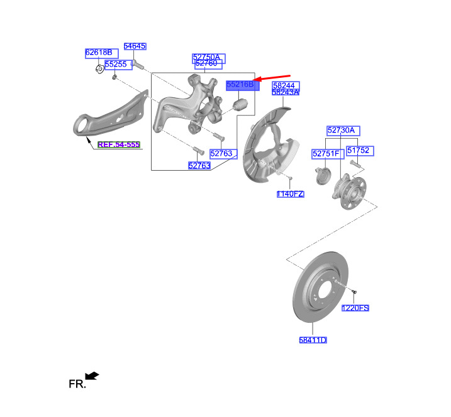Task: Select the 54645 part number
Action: click(x=135, y=46)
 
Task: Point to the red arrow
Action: click(x=271, y=77)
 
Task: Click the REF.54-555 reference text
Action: click(x=119, y=144)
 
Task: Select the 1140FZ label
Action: click(x=290, y=194)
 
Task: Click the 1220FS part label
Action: click(x=355, y=308)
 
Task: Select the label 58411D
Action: click(x=313, y=340)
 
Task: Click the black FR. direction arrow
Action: click(x=92, y=376)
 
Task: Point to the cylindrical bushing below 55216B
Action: click(x=240, y=104)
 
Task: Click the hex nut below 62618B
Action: click(x=99, y=69)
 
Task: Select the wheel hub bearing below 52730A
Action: click(x=349, y=192)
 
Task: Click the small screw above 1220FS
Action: click(x=354, y=292)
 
